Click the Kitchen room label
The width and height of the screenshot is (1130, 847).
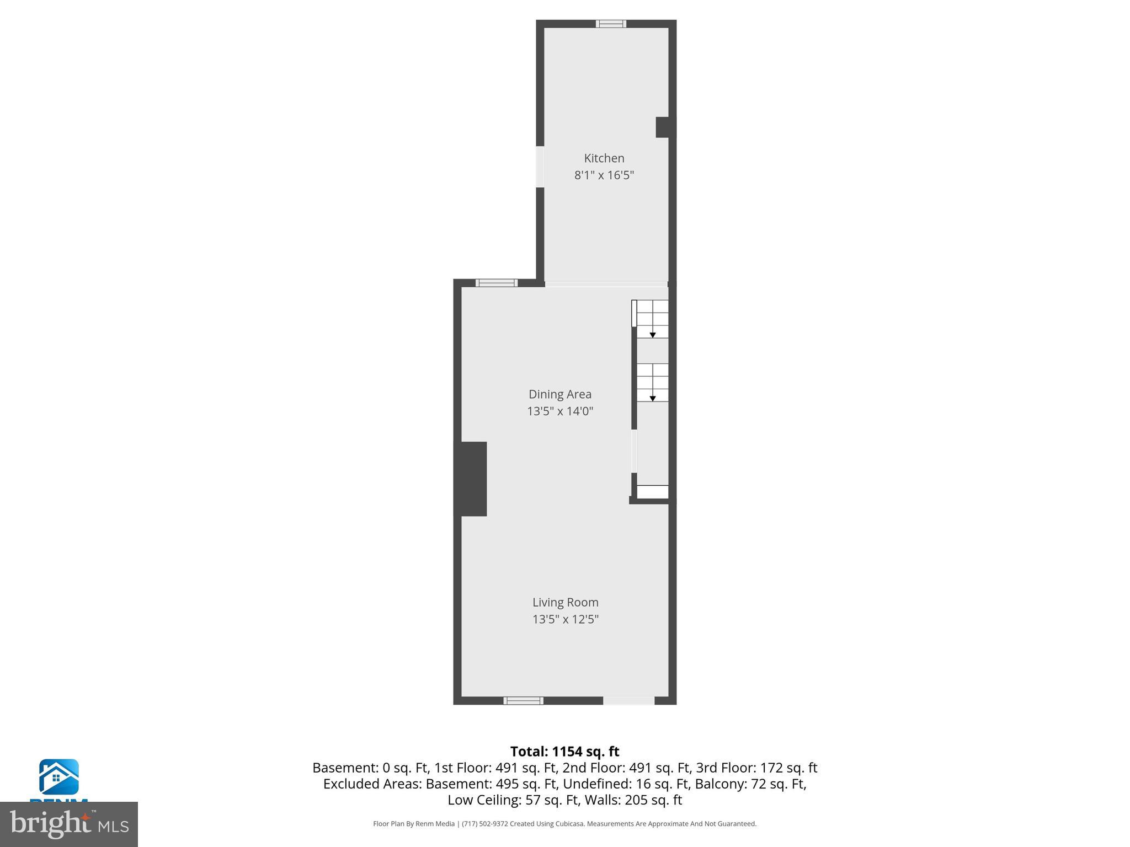pyautogui.click(x=604, y=158)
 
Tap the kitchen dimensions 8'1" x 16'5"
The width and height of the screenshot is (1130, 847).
pyautogui.click(x=604, y=175)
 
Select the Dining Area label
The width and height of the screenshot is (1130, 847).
pyautogui.click(x=560, y=394)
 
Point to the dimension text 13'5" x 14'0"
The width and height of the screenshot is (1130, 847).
pyautogui.click(x=560, y=411)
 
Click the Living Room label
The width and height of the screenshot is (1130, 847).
pyautogui.click(x=565, y=602)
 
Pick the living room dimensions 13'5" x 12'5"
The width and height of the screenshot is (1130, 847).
pyautogui.click(x=565, y=619)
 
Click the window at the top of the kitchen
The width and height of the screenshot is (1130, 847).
pyautogui.click(x=611, y=24)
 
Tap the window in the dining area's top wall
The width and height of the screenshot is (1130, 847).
pyautogui.click(x=497, y=283)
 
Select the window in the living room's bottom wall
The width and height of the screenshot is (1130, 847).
pyautogui.click(x=523, y=701)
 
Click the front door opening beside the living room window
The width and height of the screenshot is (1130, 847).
pyautogui.click(x=628, y=701)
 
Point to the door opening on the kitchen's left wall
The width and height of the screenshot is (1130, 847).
pyautogui.click(x=540, y=167)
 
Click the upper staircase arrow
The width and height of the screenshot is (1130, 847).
pyautogui.click(x=652, y=335)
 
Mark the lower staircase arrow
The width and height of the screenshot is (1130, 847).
pyautogui.click(x=652, y=398)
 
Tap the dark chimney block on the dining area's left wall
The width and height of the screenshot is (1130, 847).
pyautogui.click(x=471, y=479)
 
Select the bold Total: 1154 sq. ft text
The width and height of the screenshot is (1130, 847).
pyautogui.click(x=564, y=752)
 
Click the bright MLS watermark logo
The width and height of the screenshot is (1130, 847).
pyautogui.click(x=69, y=824)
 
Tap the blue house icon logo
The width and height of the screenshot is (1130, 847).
pyautogui.click(x=58, y=777)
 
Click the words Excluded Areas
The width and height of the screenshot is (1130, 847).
pyautogui.click(x=372, y=784)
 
